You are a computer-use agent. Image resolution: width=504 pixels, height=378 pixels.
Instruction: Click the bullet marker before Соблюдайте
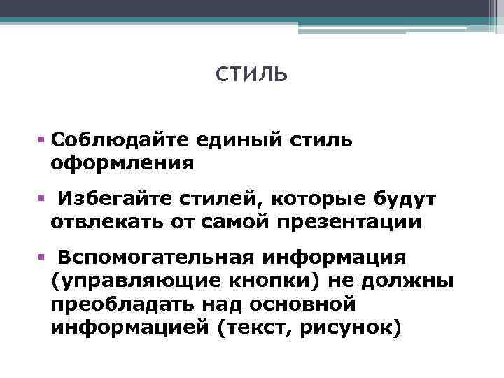[43, 139]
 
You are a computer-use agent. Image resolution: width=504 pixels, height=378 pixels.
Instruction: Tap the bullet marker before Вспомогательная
[43, 258]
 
